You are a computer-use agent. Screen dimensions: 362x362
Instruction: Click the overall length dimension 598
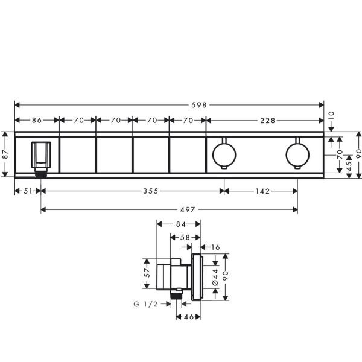click(198, 105)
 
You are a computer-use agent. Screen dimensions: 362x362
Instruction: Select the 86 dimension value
click(37, 121)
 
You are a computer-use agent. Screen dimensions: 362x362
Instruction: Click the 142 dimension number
click(261, 191)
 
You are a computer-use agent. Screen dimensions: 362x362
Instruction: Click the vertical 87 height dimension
click(5, 154)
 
